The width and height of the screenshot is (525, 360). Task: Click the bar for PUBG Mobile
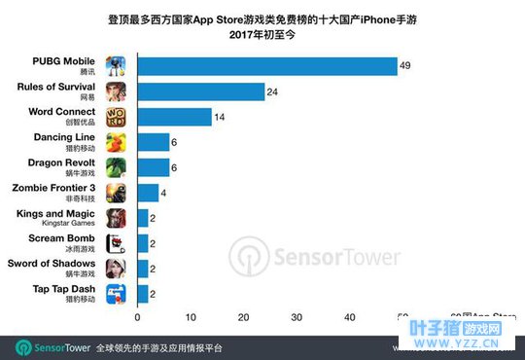coord(266,66)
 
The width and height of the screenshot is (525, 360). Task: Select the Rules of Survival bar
coord(201,91)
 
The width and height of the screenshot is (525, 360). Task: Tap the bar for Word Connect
coord(174,117)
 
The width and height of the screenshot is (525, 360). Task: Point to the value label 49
coord(406,65)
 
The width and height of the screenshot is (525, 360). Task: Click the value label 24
coord(274,91)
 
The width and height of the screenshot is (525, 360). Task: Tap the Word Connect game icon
coord(116,118)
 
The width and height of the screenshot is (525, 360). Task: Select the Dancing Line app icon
coord(116,143)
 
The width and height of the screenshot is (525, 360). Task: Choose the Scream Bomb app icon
coord(116,242)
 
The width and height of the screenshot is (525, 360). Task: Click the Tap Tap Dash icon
coord(116,292)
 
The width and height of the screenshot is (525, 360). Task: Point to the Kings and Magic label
coord(55,213)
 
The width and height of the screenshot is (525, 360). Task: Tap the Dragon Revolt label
coord(64,162)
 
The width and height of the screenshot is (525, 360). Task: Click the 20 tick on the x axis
coord(243,316)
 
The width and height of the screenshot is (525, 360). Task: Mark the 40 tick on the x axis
coord(349,316)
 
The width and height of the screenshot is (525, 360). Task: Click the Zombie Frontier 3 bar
coord(148,192)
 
